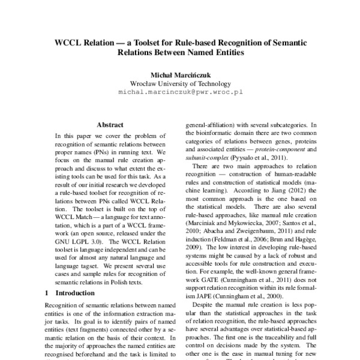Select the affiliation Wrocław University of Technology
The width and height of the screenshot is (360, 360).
[179, 84]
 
